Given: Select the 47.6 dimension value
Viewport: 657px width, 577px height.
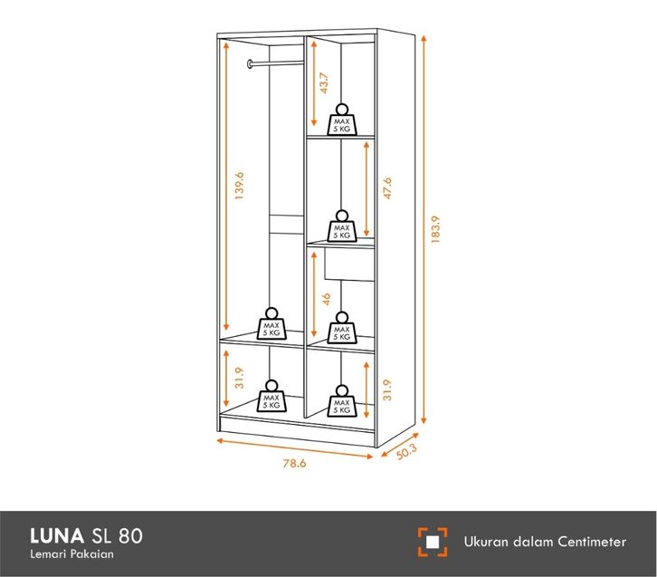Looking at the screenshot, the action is click(386, 188).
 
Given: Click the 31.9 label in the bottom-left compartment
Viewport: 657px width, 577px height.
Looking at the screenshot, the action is click(238, 378).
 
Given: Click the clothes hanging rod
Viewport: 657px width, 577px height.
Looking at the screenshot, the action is click(274, 63).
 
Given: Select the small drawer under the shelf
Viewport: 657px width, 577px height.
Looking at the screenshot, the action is click(347, 263).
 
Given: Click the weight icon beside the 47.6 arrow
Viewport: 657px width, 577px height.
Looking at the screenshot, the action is click(341, 226).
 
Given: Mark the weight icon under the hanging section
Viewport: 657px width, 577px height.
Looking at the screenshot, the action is click(271, 325).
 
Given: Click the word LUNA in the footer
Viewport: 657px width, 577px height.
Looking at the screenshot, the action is click(58, 535).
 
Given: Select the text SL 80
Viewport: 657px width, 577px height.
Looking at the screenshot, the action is click(117, 535).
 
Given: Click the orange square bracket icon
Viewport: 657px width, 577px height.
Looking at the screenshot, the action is click(433, 542).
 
